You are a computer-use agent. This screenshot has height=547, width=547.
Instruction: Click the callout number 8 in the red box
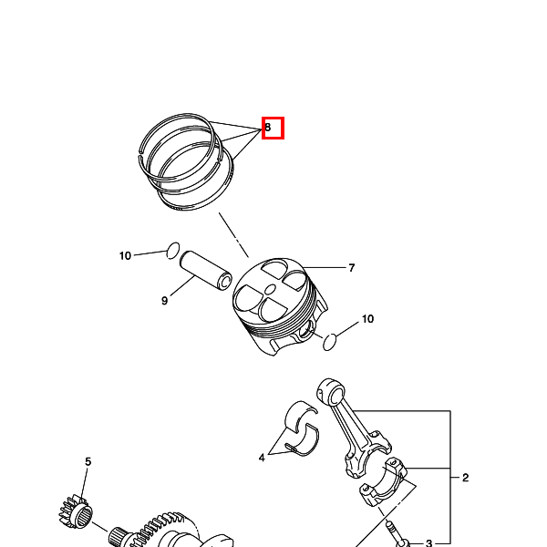tap(267, 128)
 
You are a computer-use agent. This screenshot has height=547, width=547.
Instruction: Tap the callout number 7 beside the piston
tap(352, 268)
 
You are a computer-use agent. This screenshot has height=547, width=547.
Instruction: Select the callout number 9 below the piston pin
tap(165, 300)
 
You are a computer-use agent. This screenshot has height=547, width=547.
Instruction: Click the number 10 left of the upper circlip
tap(125, 256)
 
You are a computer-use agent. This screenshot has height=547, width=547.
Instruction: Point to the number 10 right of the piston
tap(367, 319)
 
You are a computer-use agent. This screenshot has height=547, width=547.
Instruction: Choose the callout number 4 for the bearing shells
tap(262, 458)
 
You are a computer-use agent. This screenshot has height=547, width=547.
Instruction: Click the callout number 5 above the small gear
tap(88, 461)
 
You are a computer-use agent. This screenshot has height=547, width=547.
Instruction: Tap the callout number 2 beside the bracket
tap(465, 478)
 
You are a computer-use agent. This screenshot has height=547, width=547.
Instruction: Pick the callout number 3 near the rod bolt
tap(429, 542)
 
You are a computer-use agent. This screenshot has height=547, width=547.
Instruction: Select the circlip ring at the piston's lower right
tap(330, 342)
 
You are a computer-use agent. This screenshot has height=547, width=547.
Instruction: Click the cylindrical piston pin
tap(206, 271)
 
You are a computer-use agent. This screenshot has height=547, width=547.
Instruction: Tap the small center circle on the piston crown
tap(271, 289)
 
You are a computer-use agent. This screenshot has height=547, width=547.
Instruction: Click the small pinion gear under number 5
tap(75, 511)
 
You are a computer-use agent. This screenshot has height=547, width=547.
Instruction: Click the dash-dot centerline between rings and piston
tap(233, 235)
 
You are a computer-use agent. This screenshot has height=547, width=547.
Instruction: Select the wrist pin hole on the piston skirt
tap(305, 330)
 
